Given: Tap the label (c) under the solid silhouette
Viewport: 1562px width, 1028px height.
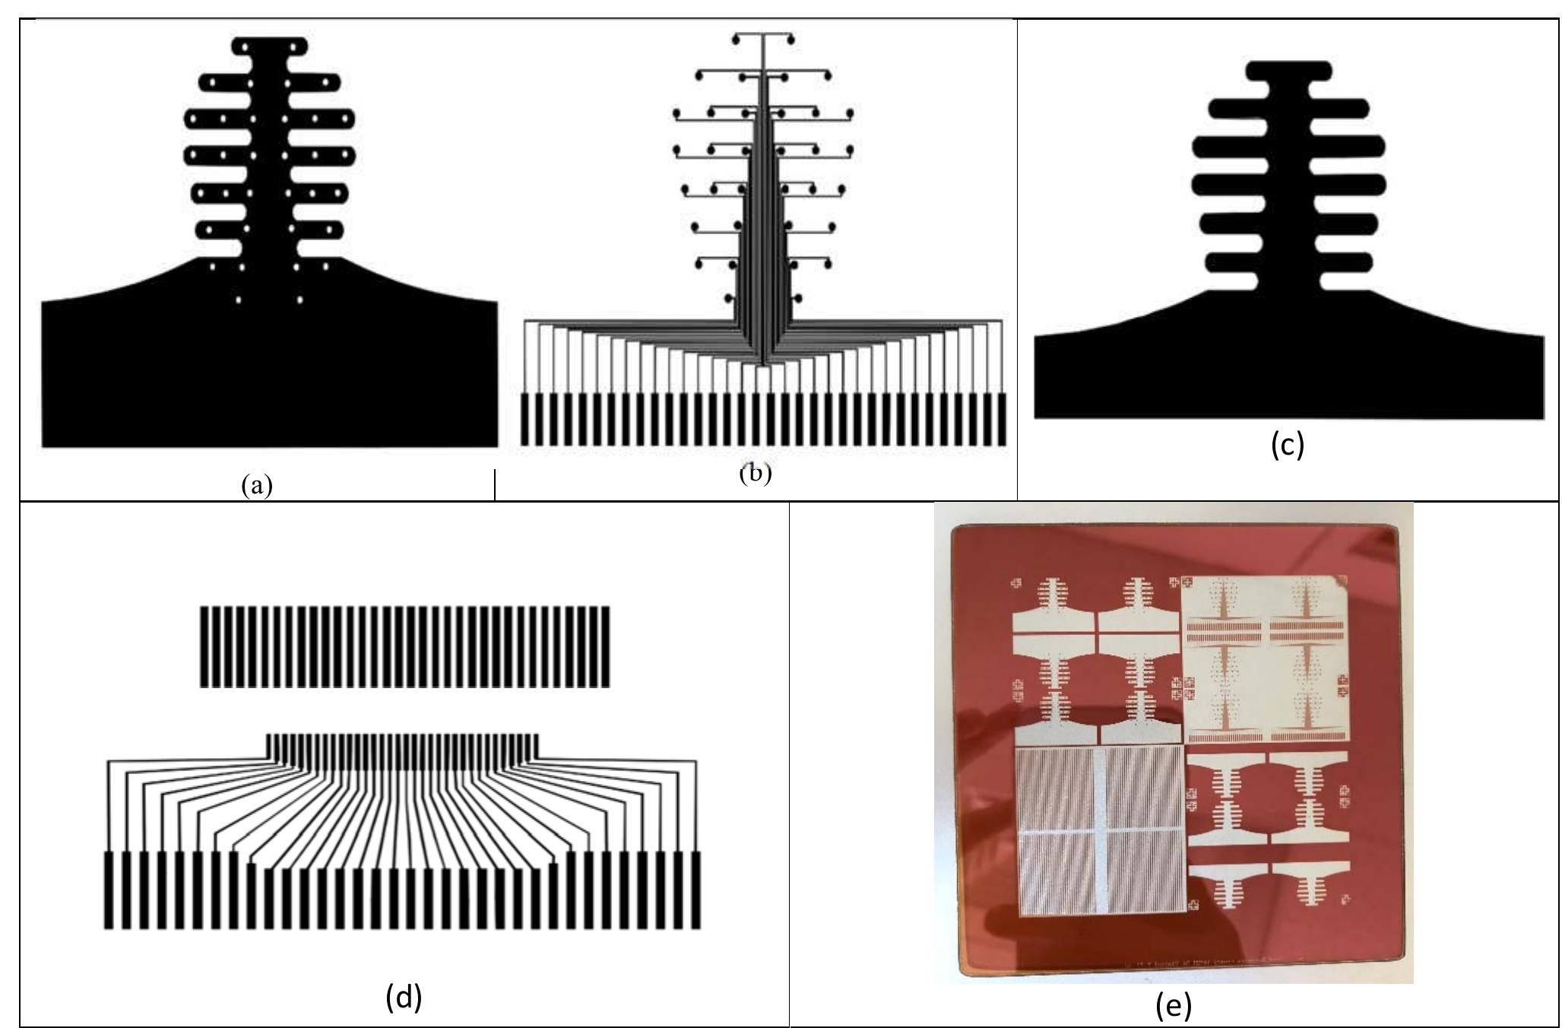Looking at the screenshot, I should point(1288,444).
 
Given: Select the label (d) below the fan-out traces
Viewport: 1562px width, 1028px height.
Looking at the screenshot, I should point(403,997).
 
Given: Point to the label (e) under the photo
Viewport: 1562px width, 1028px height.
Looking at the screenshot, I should point(1173,1005).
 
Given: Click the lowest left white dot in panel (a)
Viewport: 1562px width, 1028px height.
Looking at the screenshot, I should point(238,300).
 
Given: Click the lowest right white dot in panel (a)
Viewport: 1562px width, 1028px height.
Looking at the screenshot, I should point(299,300).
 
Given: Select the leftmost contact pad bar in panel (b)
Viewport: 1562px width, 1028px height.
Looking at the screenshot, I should point(525,419).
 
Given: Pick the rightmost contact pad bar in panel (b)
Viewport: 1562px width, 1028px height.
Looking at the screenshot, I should point(1001,419).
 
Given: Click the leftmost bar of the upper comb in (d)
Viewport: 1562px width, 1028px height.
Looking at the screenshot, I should point(204,646).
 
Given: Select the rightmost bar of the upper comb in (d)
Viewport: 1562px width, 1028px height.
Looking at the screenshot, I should point(606,646).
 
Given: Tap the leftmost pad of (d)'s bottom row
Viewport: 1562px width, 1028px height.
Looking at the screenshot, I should point(108,890).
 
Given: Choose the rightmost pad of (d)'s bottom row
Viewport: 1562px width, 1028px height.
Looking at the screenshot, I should point(695,890).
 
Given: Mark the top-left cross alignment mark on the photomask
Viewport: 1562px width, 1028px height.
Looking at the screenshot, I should point(1017,583).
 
